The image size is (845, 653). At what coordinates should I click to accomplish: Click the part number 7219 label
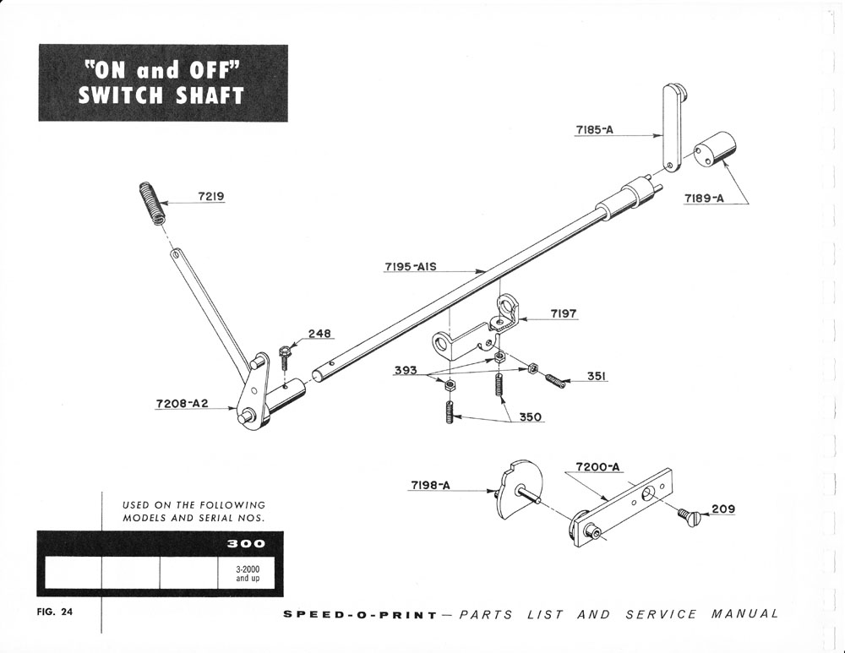point(210,196)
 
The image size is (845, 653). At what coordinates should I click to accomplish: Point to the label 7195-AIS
point(410,267)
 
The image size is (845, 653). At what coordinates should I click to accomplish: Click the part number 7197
point(564,313)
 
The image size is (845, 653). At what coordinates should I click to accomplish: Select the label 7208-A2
point(182,404)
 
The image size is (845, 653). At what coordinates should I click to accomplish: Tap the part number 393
point(407,370)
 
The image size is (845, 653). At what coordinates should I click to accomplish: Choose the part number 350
point(531,416)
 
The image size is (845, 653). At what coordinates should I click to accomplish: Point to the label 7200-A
point(597,466)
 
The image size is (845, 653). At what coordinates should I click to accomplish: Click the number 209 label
point(722,509)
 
